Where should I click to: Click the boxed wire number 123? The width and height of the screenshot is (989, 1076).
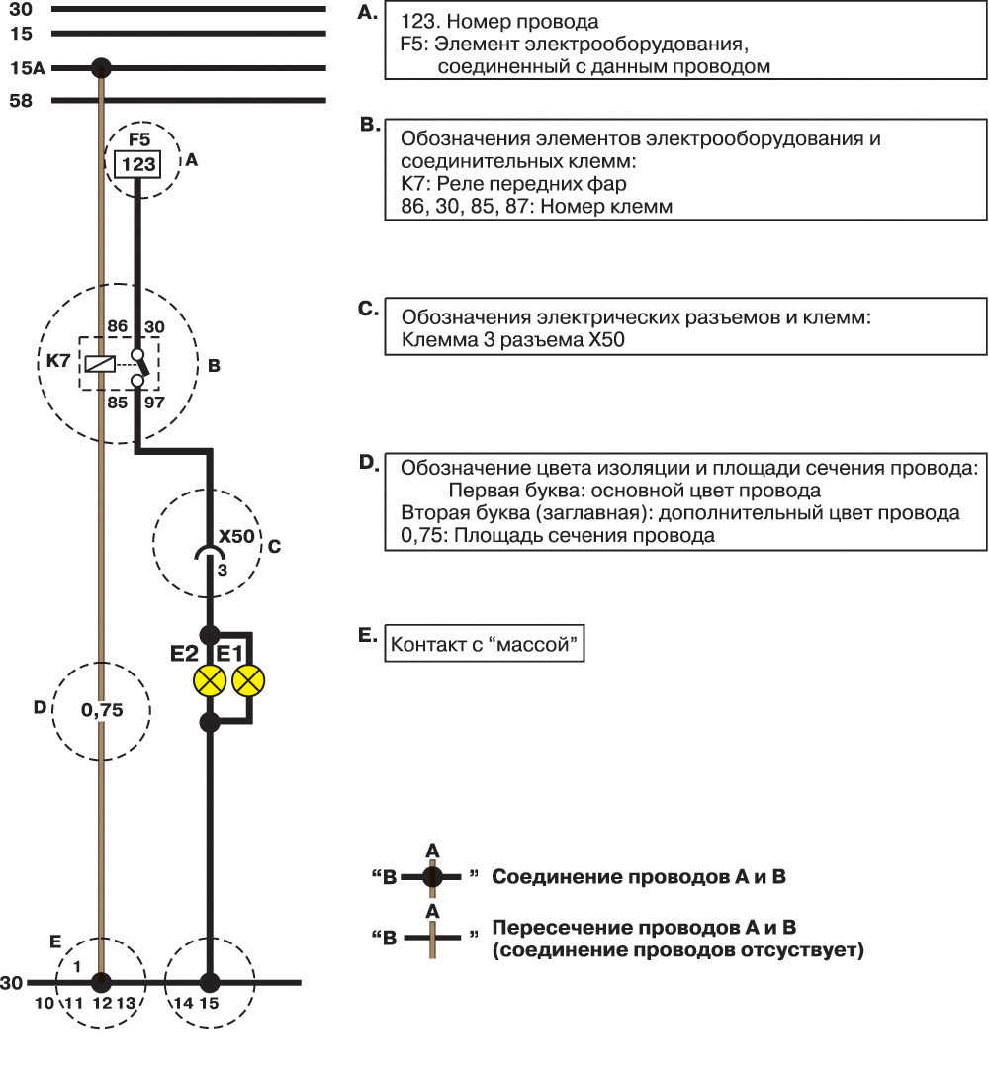tap(137, 164)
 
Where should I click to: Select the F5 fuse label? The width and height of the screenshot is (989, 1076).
tap(138, 139)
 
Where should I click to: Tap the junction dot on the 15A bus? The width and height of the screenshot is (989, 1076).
tap(101, 68)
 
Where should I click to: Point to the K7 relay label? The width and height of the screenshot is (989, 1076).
tap(57, 360)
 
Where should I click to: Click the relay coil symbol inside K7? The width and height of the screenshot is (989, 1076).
tap(99, 364)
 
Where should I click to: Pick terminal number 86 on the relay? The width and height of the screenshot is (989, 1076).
tap(118, 326)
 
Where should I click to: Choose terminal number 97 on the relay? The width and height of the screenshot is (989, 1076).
tap(154, 403)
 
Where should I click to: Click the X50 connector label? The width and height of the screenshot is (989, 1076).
tap(236, 536)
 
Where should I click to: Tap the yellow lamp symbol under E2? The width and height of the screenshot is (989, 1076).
tap(210, 680)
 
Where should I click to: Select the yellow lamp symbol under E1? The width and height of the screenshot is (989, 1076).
tap(248, 680)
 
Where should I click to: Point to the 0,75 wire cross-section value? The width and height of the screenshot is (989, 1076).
tap(102, 710)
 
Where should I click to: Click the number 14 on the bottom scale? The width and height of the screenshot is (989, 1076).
tap(183, 1003)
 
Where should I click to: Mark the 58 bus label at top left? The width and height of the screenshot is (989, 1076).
tap(21, 101)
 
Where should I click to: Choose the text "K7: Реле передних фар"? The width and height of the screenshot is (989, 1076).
tap(513, 184)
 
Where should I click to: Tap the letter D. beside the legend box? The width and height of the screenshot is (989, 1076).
tap(369, 463)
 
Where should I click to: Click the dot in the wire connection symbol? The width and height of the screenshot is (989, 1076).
tap(432, 876)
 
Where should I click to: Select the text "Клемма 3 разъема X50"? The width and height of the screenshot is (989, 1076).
tap(512, 339)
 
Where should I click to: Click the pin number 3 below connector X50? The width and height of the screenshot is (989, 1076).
tap(223, 570)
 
